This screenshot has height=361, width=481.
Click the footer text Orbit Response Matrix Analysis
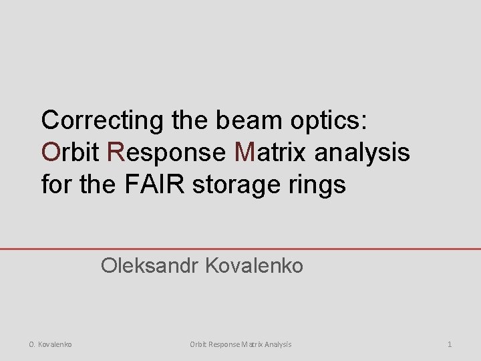pyautogui.click(x=240, y=344)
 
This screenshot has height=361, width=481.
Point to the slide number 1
pyautogui.click(x=450, y=344)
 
